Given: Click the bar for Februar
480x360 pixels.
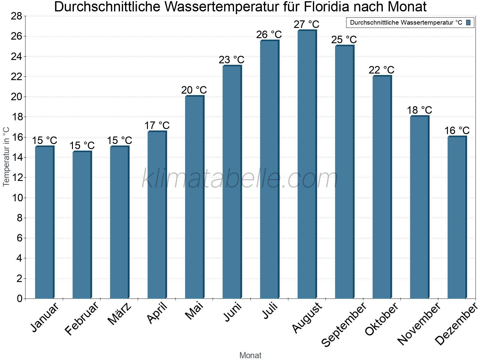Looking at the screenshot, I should (x=82, y=225).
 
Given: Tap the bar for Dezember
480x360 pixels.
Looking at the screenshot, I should (x=457, y=217).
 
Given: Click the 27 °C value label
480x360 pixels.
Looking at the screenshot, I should (x=306, y=24).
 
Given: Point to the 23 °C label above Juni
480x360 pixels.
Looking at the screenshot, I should (x=231, y=60).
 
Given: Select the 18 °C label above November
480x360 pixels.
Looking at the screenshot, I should (x=419, y=110).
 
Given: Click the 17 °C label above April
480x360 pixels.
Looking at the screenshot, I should (x=157, y=125).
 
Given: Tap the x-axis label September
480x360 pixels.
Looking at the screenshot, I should (x=344, y=324).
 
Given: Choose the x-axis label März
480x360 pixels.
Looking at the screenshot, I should (x=119, y=314).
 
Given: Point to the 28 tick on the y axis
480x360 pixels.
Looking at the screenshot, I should (x=16, y=16).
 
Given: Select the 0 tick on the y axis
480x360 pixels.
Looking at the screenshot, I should (x=20, y=298).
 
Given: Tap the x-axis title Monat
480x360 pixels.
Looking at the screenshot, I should (x=250, y=355).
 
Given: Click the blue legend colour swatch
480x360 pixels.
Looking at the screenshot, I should (x=468, y=22).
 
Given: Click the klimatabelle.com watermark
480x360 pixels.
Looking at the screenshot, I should (x=240, y=179).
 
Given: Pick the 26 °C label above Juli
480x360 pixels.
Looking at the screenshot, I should (x=269, y=35).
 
